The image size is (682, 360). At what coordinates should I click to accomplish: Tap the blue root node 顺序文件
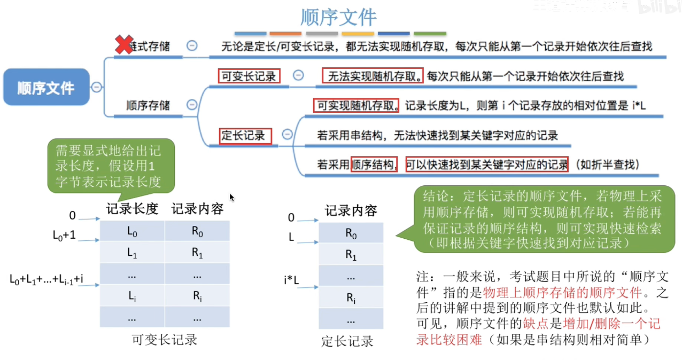[x=46, y=87]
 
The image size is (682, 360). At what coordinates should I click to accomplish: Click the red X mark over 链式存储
[x=124, y=45]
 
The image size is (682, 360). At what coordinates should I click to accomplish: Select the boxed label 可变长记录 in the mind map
[x=249, y=76]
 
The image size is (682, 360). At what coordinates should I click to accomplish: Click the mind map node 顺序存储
[x=148, y=105]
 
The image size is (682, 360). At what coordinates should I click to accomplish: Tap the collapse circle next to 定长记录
[x=287, y=135]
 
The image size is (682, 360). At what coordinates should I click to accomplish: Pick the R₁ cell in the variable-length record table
[x=197, y=254]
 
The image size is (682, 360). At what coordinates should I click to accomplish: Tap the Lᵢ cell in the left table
[x=132, y=296]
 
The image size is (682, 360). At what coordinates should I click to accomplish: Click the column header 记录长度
[x=132, y=209]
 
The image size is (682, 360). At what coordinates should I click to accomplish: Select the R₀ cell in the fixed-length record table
[x=351, y=233]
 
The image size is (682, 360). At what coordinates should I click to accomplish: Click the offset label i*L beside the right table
[x=291, y=279]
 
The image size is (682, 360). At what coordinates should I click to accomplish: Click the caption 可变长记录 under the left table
[x=165, y=340]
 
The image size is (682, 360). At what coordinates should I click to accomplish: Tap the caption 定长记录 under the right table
[x=347, y=341]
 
